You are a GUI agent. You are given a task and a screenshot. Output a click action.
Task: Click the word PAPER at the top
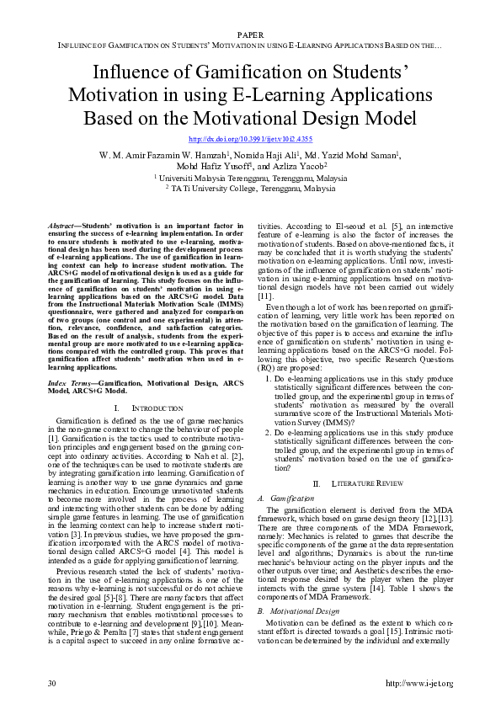click(250, 35)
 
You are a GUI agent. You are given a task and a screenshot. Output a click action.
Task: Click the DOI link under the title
click(250, 139)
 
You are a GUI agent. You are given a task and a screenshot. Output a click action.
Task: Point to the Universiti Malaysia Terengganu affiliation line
click(250, 179)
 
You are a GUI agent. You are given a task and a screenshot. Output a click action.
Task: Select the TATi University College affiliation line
click(250, 189)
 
